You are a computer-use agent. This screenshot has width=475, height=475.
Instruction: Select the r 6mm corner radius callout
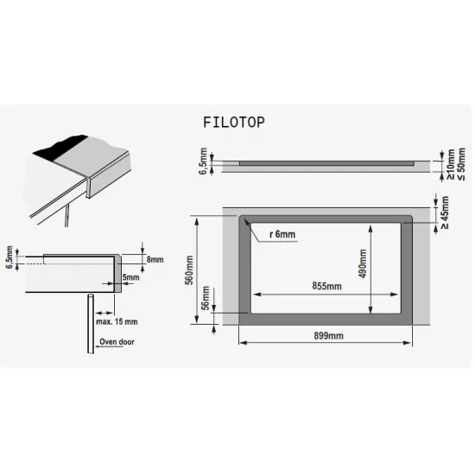pyautogui.click(x=283, y=235)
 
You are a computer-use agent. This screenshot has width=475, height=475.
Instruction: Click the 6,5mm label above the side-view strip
pyautogui.click(x=202, y=160)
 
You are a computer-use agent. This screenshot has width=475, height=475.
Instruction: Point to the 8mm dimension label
pyautogui.click(x=155, y=258)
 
